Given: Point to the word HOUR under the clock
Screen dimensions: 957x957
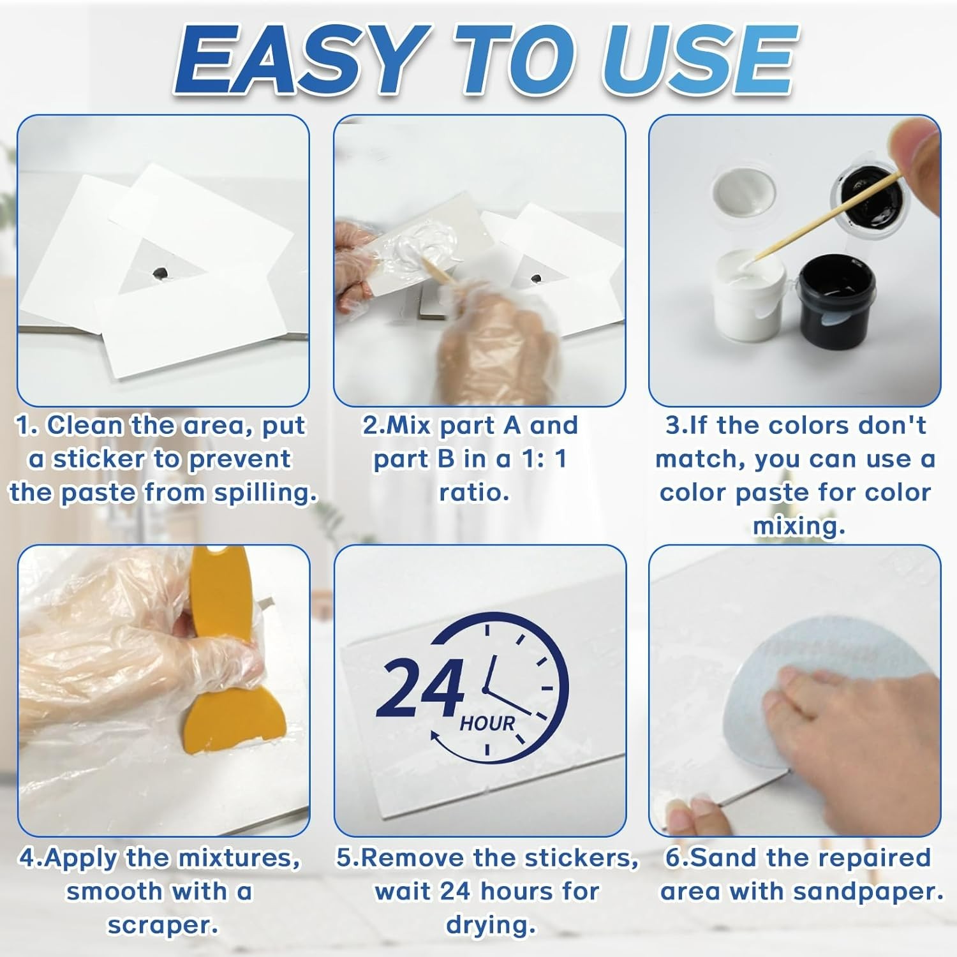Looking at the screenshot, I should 487,723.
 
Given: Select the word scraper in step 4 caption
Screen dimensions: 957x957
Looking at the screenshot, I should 162,925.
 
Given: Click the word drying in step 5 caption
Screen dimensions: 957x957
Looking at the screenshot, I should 490,925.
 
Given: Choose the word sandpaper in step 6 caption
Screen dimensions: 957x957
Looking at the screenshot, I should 874,891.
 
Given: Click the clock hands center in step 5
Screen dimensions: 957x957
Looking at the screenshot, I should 486,690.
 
